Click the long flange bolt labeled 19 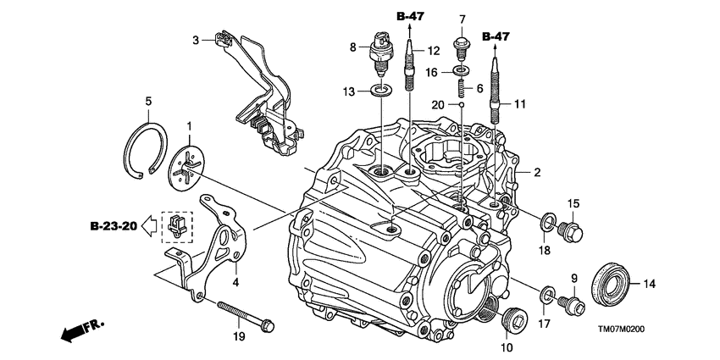(246, 315)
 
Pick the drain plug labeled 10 (513, 320)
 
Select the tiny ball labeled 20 (462, 106)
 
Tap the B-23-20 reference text (115, 226)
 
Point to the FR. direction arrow (78, 331)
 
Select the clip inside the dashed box (176, 225)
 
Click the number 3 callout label (196, 39)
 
